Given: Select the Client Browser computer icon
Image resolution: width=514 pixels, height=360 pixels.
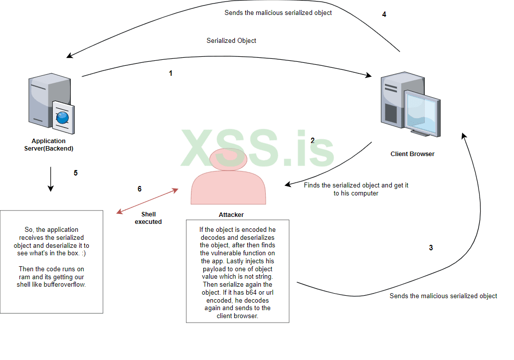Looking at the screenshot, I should (x=410, y=105).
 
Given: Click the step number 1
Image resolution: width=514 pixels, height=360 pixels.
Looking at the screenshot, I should (x=171, y=73).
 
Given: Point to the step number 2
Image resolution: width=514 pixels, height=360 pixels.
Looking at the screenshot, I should (x=313, y=141).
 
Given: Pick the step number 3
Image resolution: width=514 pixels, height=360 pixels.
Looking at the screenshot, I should (x=431, y=248).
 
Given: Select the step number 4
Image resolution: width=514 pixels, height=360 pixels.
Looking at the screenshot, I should (x=384, y=14).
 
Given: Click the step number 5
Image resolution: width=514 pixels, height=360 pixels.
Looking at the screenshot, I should (x=76, y=173).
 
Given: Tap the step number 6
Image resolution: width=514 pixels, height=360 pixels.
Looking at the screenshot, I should (x=140, y=189).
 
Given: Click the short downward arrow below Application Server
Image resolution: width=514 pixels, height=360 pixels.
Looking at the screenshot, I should (x=50, y=179).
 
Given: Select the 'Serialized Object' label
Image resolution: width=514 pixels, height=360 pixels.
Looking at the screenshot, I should (x=231, y=40).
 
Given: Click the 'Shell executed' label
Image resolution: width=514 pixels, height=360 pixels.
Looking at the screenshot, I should (x=148, y=218).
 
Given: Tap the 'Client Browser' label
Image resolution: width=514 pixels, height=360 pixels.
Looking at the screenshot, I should (x=412, y=154).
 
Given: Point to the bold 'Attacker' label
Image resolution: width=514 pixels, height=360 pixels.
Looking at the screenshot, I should (x=231, y=215).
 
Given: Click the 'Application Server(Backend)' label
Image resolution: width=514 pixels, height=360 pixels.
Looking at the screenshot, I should (x=49, y=145).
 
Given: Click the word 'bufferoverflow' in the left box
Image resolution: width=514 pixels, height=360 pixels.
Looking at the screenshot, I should (x=65, y=285).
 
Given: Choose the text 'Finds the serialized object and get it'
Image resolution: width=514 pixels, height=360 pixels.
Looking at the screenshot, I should (x=356, y=185).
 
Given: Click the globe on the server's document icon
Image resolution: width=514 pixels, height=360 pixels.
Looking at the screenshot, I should (x=63, y=118).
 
